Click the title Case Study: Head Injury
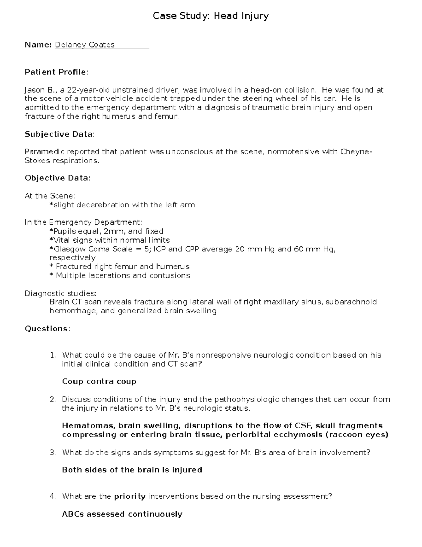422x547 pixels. pos(211,16)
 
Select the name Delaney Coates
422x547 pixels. pos(84,45)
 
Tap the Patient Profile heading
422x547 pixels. pos(56,72)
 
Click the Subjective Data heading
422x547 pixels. pos(59,134)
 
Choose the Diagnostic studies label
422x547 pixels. pos(60,293)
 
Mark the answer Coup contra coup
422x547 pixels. pos(99,382)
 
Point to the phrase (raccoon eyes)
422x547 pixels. pos(357,435)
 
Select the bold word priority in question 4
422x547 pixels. pos(130,497)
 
